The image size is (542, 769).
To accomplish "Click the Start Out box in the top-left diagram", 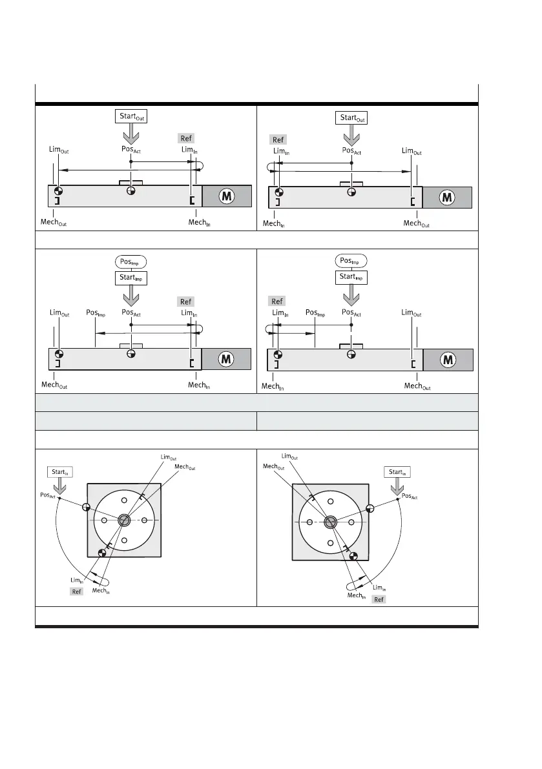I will [130, 117].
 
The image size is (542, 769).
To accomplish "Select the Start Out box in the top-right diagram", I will [351, 119].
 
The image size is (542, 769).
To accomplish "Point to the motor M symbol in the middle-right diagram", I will [447, 360].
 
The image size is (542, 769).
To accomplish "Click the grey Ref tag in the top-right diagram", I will [278, 139].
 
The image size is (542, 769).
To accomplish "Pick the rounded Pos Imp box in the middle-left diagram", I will [130, 262].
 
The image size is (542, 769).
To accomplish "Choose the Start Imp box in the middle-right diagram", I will [351, 277].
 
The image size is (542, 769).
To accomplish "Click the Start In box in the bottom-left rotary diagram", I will [59, 472].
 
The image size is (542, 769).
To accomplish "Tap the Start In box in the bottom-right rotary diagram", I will [397, 472].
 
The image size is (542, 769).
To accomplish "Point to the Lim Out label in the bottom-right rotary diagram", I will [291, 457].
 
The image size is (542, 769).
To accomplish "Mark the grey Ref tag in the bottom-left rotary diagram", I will [76, 591].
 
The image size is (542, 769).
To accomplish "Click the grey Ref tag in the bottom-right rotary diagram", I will [379, 599].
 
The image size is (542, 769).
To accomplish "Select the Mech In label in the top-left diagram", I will [199, 223].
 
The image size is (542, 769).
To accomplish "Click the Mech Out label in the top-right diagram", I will [416, 223].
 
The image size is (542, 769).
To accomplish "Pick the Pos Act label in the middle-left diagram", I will [131, 313].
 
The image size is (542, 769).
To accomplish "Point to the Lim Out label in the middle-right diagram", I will [412, 313].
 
